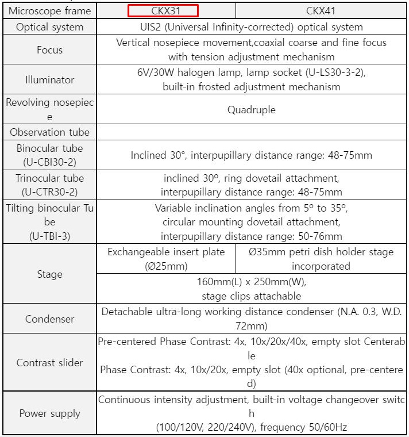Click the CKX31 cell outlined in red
tap(163, 10)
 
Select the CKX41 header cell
tap(322, 10)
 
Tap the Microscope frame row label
tap(49, 10)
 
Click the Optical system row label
tap(49, 27)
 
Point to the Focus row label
tap(49, 50)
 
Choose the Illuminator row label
tap(49, 80)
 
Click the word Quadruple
tap(252, 110)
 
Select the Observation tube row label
tap(49, 132)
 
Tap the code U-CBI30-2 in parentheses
tap(49, 162)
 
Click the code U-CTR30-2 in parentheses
tap(49, 192)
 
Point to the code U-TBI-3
tap(49, 236)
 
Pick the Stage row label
tap(49, 274)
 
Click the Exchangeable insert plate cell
tap(166, 259)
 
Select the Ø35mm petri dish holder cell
tap(321, 259)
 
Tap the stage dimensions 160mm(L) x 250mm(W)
tap(252, 282)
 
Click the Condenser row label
tap(49, 319)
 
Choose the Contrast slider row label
tap(49, 363)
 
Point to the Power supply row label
tap(49, 413)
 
